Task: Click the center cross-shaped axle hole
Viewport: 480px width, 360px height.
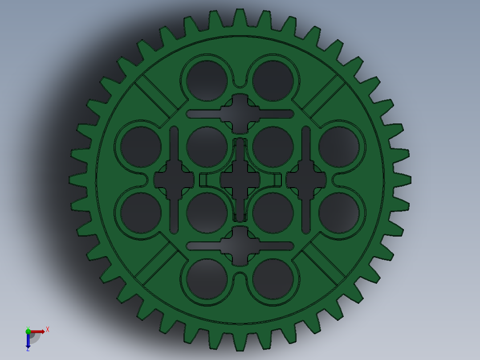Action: click(x=240, y=180)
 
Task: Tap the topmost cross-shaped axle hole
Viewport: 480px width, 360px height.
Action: click(x=240, y=113)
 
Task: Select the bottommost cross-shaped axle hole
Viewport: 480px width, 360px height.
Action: click(x=240, y=246)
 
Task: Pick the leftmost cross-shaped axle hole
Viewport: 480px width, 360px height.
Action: click(x=174, y=180)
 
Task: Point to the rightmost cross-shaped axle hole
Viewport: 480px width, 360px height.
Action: click(x=306, y=180)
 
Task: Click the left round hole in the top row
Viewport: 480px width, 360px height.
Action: click(x=207, y=81)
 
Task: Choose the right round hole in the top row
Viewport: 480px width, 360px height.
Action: click(x=273, y=81)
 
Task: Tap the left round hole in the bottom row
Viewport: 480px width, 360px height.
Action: click(x=207, y=279)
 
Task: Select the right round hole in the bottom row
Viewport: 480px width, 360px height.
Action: click(x=273, y=279)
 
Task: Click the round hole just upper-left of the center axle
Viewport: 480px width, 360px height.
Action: click(x=207, y=147)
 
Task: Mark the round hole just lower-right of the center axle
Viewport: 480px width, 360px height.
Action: click(x=273, y=213)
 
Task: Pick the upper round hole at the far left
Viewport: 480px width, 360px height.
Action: click(x=141, y=147)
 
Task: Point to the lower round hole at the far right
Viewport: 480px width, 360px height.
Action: click(x=339, y=213)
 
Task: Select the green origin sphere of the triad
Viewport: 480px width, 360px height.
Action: click(x=28, y=331)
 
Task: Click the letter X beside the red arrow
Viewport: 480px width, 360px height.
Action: click(x=48, y=330)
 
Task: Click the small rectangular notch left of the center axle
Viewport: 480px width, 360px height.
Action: click(x=203, y=180)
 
